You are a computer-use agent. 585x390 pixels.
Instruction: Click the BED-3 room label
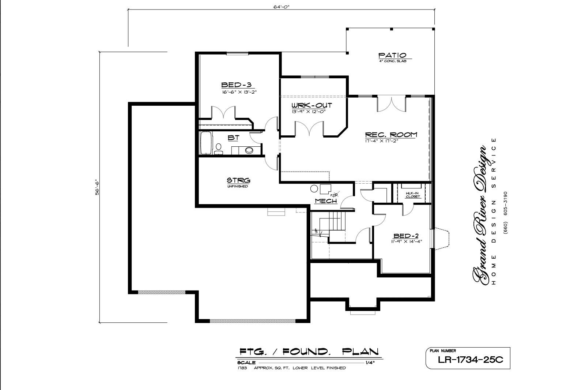coord(236,85)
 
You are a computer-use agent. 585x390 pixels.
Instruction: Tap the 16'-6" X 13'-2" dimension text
coord(239,92)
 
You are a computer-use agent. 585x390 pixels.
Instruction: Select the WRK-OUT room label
coord(312,105)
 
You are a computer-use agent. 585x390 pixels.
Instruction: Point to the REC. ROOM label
coord(391,134)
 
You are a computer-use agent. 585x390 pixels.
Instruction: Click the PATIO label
coord(392,55)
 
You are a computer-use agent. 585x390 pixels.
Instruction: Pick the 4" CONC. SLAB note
coord(393,61)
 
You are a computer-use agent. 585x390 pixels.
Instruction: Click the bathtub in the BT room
coord(205,143)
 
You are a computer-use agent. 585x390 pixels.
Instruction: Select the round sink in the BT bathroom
coord(249,150)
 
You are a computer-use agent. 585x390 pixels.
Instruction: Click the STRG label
coord(238,180)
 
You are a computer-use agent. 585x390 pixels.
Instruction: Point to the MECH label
coord(325,201)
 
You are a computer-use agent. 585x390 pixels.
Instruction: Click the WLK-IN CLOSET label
coord(413,195)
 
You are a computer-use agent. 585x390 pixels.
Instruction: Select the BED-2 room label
coord(405,236)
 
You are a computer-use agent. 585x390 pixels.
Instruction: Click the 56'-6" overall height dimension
coord(97,187)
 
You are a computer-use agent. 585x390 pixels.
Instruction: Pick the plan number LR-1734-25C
coord(470,360)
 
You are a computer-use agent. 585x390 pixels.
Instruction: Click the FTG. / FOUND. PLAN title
coord(308,352)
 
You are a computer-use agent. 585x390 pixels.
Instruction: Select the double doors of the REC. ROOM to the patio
coord(391,104)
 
